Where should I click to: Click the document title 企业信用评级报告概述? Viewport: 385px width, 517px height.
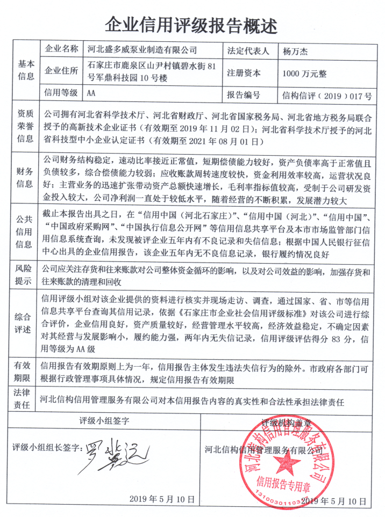192,24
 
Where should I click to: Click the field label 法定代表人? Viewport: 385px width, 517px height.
248,50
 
